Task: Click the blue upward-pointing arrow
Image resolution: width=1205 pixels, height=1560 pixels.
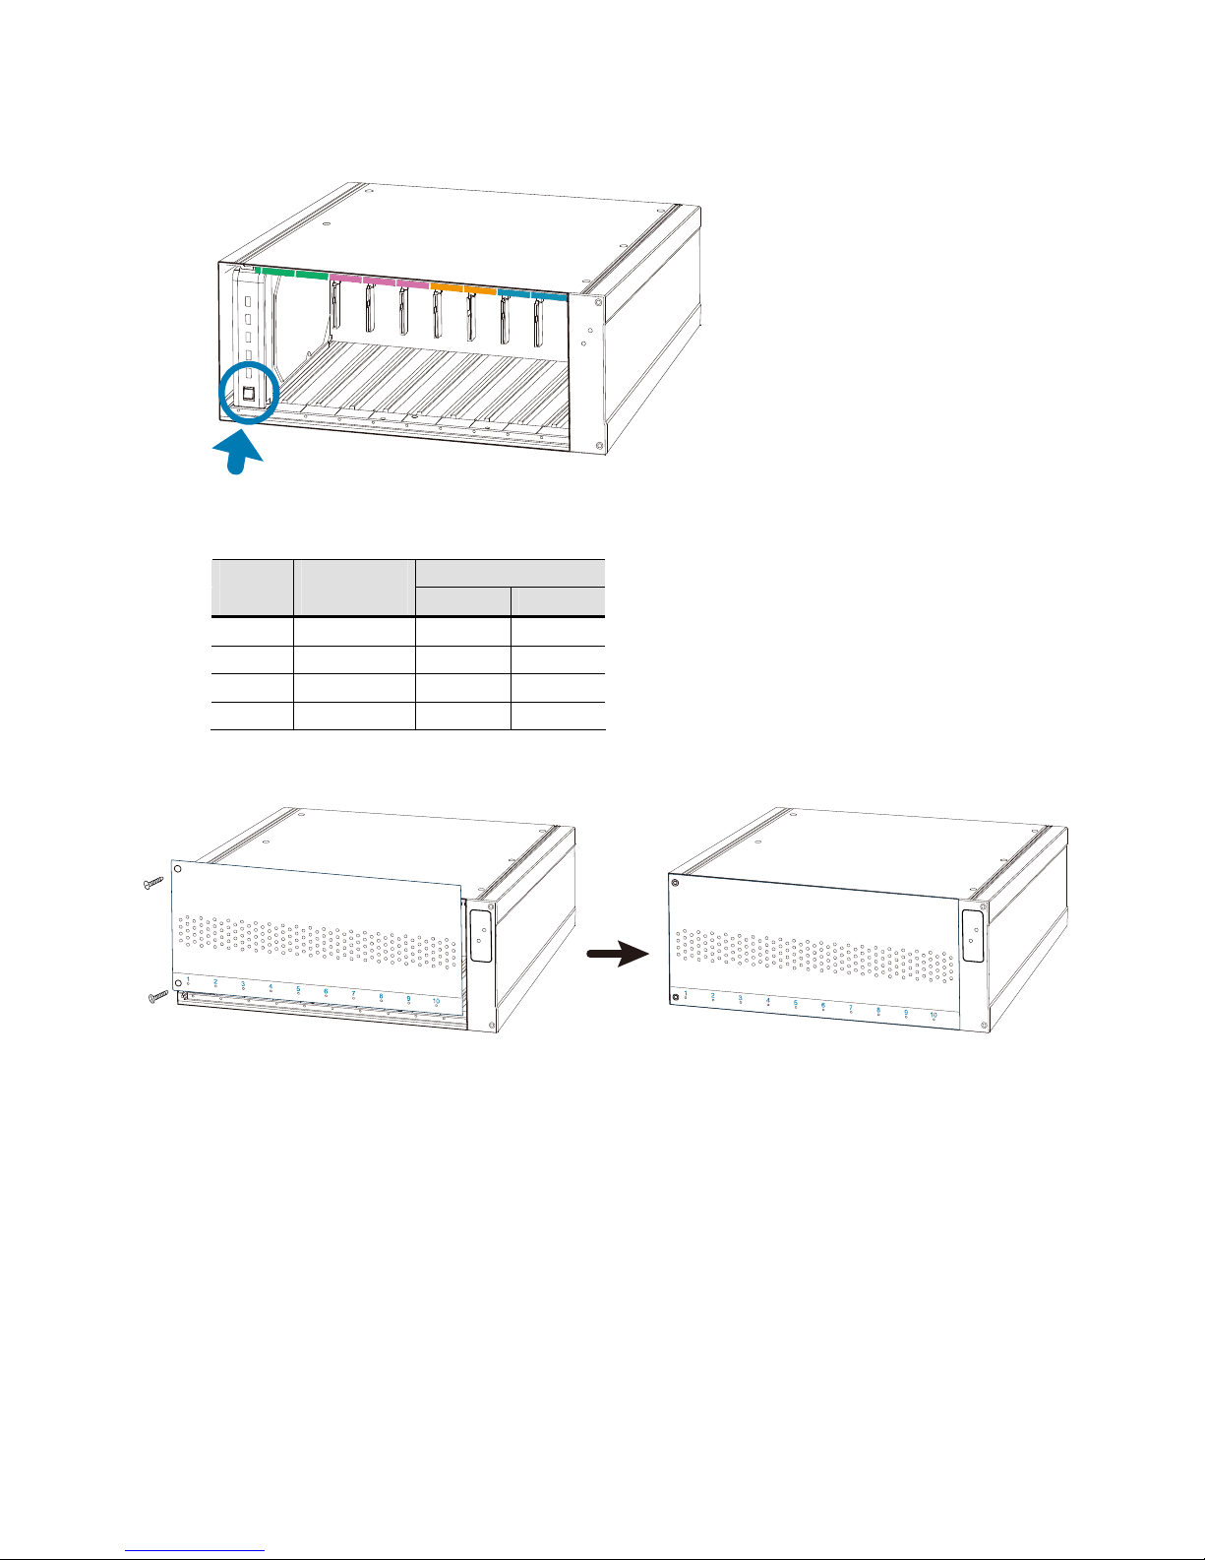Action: (239, 454)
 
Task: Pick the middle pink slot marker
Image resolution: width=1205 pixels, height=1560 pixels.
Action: (380, 281)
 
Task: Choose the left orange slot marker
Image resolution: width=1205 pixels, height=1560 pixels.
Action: (448, 286)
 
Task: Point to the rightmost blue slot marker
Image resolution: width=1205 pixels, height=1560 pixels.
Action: (549, 293)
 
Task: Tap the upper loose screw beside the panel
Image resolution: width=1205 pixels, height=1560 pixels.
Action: (151, 884)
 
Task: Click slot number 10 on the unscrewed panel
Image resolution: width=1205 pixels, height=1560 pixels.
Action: (436, 1002)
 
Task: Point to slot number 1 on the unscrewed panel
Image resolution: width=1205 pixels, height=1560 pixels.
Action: (188, 981)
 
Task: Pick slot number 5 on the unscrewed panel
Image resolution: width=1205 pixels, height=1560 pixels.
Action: (298, 990)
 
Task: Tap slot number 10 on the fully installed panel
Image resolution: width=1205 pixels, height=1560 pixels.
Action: (934, 1015)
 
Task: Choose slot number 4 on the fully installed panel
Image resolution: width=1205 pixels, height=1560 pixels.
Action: (768, 1001)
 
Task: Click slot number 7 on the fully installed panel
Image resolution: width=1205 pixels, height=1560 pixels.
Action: (851, 1008)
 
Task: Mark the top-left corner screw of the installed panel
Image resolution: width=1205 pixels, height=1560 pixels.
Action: (675, 883)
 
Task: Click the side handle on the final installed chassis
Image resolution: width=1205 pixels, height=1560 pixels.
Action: (971, 936)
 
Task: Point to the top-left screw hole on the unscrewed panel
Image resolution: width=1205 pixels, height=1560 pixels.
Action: (177, 869)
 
